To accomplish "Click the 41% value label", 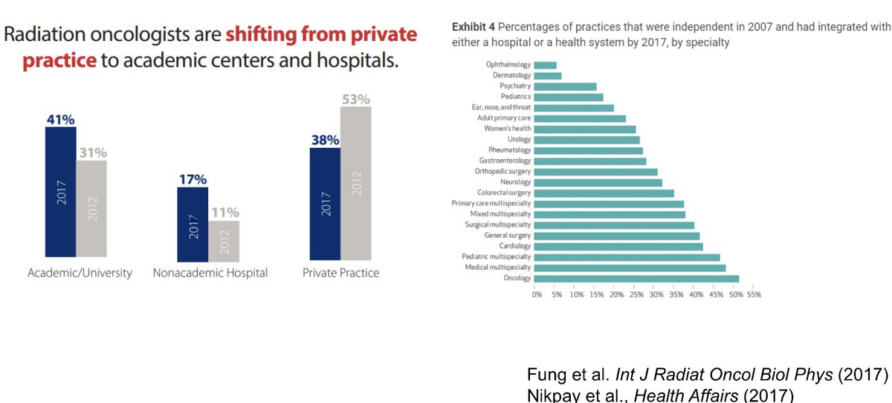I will pos(60,119).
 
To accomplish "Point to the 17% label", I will pos(192,179).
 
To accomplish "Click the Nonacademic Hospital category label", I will pos(210,273).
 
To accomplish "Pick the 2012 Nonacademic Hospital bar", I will pos(224,239).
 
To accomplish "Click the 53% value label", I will pos(355,100).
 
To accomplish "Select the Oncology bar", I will pos(636,279).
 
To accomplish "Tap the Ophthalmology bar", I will pos(545,65).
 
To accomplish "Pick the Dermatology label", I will pos(511,76).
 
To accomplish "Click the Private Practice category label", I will pos(340,273).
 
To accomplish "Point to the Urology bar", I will pos(586,140).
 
